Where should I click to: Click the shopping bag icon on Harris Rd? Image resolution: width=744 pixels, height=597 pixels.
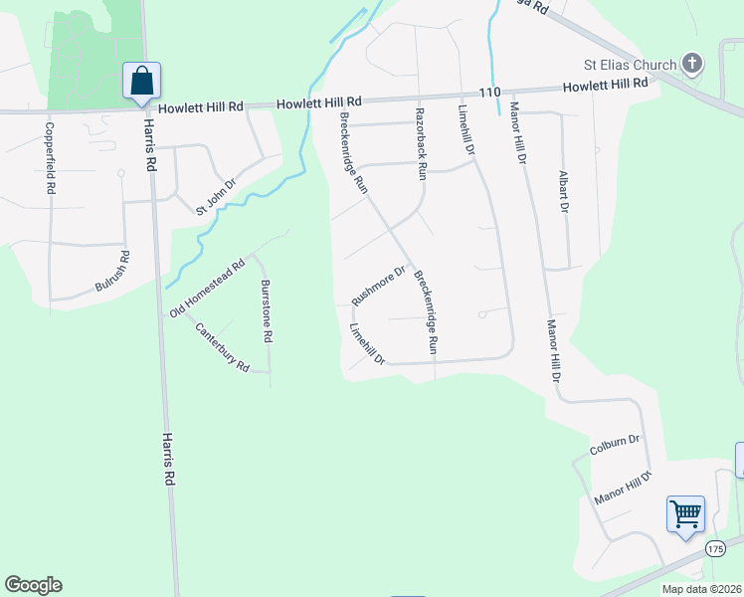[142, 81]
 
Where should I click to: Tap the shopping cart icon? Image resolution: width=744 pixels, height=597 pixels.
[685, 514]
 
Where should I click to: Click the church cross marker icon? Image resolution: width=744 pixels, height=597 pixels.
[693, 65]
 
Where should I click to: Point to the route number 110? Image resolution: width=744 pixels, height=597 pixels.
[488, 92]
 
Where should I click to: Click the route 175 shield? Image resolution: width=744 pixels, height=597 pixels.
[715, 548]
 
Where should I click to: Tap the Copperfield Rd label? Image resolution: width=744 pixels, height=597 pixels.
[49, 158]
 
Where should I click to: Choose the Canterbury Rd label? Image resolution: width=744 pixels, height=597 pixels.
[221, 347]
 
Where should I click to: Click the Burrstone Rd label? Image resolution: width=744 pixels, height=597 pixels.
[266, 311]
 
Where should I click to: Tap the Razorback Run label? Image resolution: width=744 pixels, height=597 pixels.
[421, 144]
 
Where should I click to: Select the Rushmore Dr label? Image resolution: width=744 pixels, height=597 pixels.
[379, 286]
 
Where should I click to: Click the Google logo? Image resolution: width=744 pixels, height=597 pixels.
[33, 585]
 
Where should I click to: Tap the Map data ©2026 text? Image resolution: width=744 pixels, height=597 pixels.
[701, 589]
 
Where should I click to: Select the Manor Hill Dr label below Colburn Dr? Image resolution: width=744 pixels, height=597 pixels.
[622, 488]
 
